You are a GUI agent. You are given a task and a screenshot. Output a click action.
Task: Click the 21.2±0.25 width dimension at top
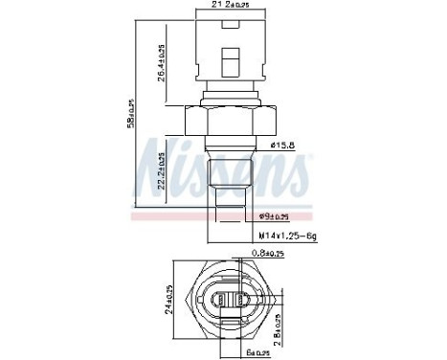tap(226, 7)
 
